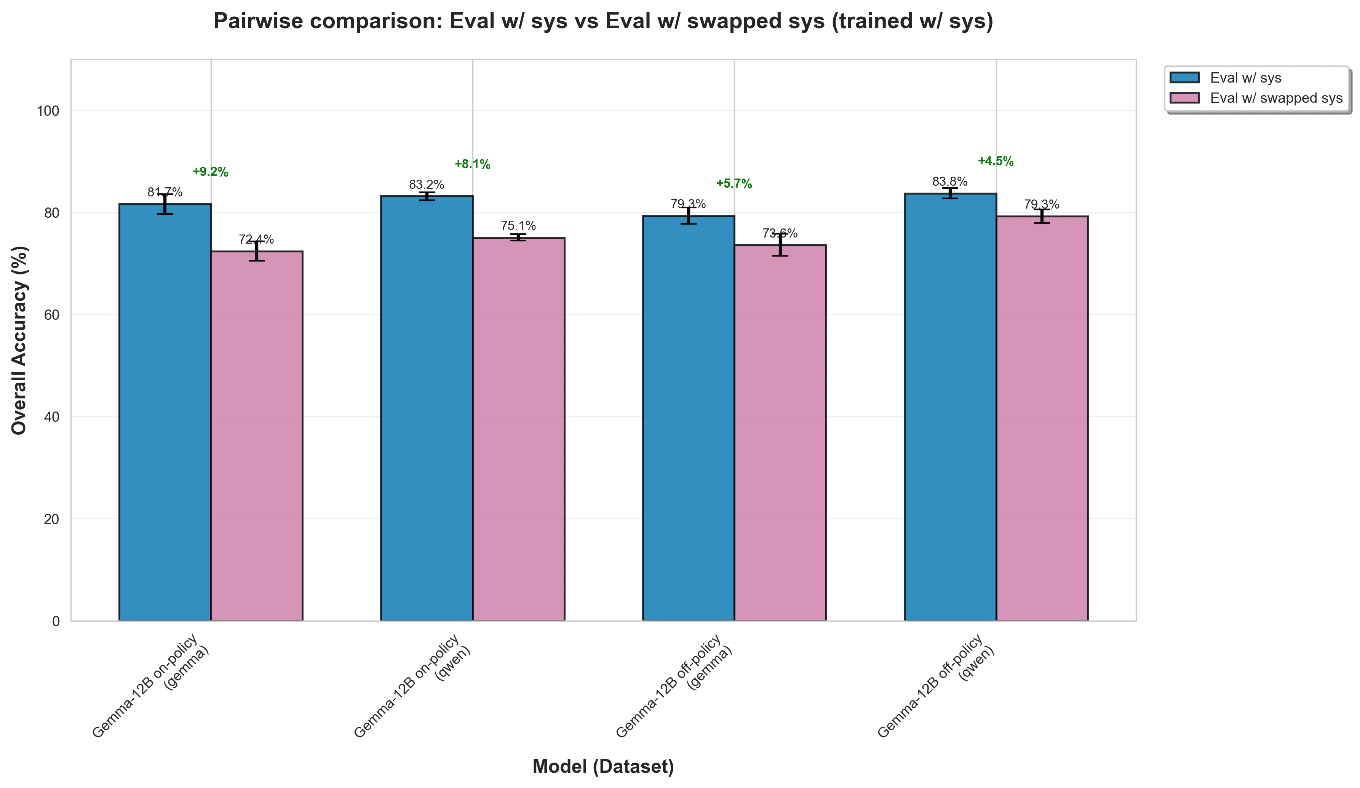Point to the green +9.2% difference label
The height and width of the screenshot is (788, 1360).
click(x=211, y=172)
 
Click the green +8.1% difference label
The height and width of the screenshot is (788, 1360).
click(x=472, y=164)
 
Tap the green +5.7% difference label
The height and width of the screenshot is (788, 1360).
click(x=734, y=184)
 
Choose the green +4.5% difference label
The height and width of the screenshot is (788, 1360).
click(x=996, y=161)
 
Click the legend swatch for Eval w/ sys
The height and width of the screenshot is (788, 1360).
click(x=1184, y=78)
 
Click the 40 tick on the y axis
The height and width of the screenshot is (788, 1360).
click(x=51, y=417)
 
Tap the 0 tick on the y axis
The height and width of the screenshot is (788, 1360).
click(x=56, y=621)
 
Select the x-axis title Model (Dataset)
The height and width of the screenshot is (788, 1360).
click(x=603, y=766)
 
